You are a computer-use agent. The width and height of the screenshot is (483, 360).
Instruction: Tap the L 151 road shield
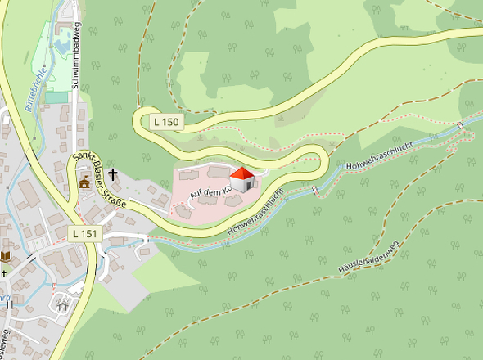click(x=84, y=233)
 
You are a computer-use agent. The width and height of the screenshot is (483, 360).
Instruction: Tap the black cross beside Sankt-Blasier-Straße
click(x=111, y=173)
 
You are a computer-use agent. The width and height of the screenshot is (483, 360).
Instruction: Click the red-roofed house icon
click(x=242, y=179)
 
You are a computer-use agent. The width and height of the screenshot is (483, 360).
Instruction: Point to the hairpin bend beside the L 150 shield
click(x=140, y=123)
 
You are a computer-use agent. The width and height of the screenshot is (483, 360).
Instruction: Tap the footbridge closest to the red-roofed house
click(x=314, y=191)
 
